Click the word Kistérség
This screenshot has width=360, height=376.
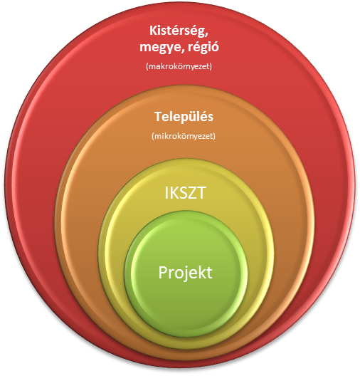coord(177,31)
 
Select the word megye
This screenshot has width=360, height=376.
coord(159,47)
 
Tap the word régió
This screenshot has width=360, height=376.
coord(203,46)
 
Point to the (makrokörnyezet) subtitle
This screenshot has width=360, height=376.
coord(179,66)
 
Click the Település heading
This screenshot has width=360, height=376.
coord(184,116)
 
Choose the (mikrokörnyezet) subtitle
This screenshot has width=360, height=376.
coord(184,136)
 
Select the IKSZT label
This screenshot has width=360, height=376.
coord(185,193)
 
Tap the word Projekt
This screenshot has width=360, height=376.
coord(186,273)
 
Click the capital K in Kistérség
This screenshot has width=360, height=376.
coord(153,31)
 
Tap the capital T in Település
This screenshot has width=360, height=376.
coord(159,117)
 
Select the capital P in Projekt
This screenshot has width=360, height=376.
coord(163,272)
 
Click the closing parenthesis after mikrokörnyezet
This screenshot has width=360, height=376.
coord(214,136)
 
